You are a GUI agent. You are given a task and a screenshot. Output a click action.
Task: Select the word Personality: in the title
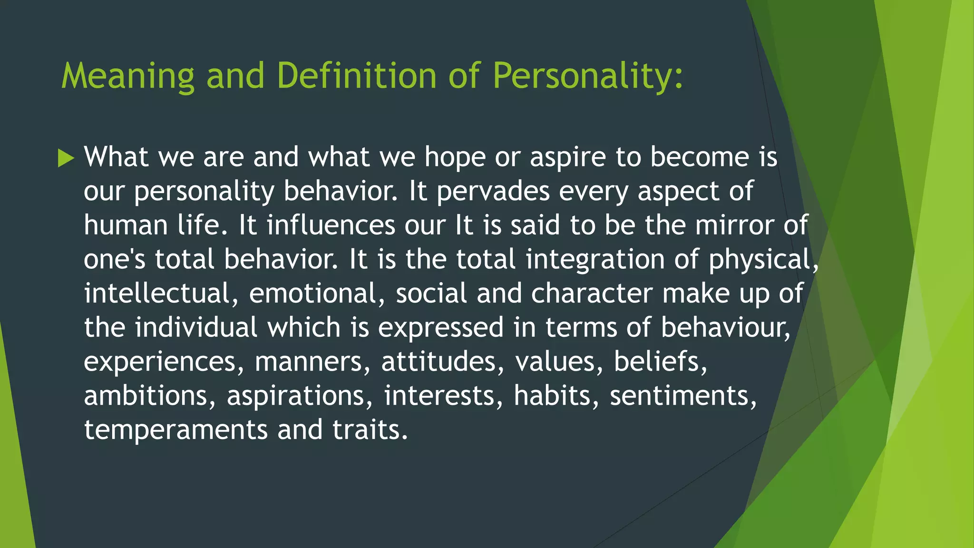click(587, 76)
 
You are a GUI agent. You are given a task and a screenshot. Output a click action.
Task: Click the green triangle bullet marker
click(66, 158)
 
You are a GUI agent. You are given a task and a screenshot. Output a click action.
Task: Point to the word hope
click(454, 157)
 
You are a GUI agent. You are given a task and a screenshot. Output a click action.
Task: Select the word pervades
click(492, 191)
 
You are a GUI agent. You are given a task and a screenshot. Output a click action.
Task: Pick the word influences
click(331, 225)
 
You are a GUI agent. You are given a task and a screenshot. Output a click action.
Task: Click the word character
click(592, 293)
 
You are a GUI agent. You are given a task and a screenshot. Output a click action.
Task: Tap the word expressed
click(440, 328)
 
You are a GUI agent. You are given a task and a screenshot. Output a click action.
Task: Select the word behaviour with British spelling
click(725, 328)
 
